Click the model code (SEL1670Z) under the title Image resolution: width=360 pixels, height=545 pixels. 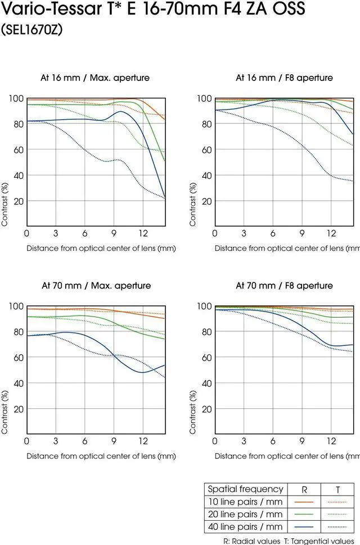tap(31, 30)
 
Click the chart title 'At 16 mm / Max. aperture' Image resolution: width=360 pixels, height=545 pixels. tap(95, 78)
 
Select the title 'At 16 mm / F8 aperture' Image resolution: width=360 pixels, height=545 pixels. tap(284, 78)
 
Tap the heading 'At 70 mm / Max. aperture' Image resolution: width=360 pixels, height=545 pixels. tap(96, 285)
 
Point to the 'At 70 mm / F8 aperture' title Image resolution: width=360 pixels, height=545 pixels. tap(284, 285)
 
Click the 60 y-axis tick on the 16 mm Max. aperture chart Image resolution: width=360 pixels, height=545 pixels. tap(17, 150)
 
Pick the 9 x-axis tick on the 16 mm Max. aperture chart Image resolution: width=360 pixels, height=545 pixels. tap(114, 233)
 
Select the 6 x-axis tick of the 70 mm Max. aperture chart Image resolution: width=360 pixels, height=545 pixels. tap(85, 442)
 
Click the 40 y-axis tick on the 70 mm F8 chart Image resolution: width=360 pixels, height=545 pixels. tap(205, 383)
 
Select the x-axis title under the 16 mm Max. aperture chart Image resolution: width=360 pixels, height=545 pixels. tap(101, 248)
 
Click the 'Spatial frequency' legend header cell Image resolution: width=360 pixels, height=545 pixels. tap(245, 489)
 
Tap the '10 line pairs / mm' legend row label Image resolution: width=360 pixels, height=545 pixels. tap(245, 502)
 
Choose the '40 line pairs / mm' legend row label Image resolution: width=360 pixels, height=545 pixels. tap(245, 527)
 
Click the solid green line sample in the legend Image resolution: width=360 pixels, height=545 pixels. tap(304, 514)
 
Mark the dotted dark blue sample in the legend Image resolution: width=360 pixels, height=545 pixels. tap(337, 527)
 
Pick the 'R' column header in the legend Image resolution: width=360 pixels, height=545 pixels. tap(304, 489)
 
